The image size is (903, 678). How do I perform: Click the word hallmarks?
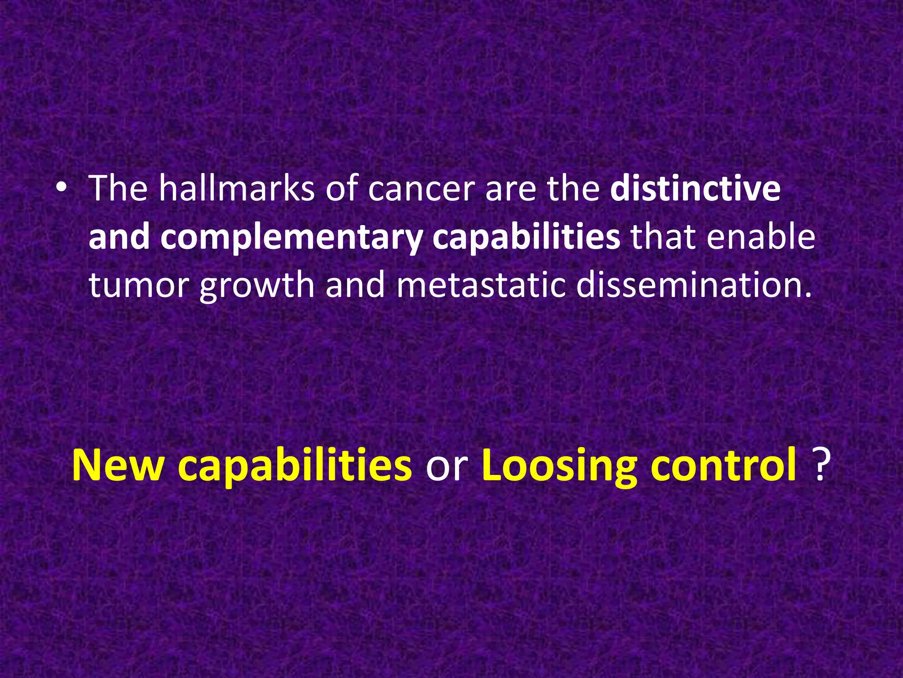click(236, 188)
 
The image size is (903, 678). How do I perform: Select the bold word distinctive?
click(695, 188)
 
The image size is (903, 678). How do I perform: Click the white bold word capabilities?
click(526, 237)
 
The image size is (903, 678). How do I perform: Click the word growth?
click(257, 286)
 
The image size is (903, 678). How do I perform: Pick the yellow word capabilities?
click(295, 467)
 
